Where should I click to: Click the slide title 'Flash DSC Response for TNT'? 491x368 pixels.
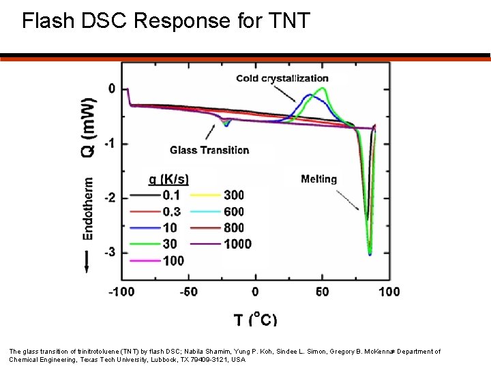(166, 21)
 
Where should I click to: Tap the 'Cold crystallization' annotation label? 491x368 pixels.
(282, 78)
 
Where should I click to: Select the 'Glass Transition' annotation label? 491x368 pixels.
(209, 150)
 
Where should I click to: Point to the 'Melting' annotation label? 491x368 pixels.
(318, 179)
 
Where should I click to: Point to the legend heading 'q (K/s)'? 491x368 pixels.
(168, 179)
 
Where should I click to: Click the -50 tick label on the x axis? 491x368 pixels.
(188, 292)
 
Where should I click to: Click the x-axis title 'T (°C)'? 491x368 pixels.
(255, 319)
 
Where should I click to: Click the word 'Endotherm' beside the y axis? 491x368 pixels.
(88, 209)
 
